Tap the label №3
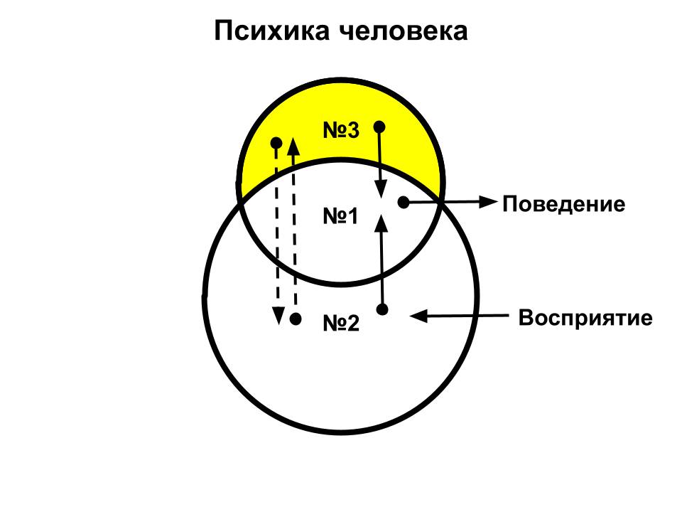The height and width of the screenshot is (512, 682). [341, 131]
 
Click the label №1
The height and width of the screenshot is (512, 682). [341, 216]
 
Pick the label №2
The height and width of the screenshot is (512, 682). [341, 324]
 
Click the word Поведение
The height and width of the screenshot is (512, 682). [564, 205]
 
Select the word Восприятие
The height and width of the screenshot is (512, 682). [585, 317]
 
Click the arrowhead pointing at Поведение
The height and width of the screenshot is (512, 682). [487, 202]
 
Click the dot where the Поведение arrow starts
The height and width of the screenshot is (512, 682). [403, 203]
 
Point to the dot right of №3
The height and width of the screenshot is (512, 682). [379, 127]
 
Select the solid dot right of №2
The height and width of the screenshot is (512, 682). [382, 309]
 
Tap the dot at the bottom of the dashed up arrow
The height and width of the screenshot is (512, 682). [296, 319]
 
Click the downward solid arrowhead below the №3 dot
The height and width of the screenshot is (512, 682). [381, 189]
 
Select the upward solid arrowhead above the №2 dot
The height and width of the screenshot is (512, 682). [381, 223]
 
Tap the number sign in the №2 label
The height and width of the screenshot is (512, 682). [332, 324]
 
